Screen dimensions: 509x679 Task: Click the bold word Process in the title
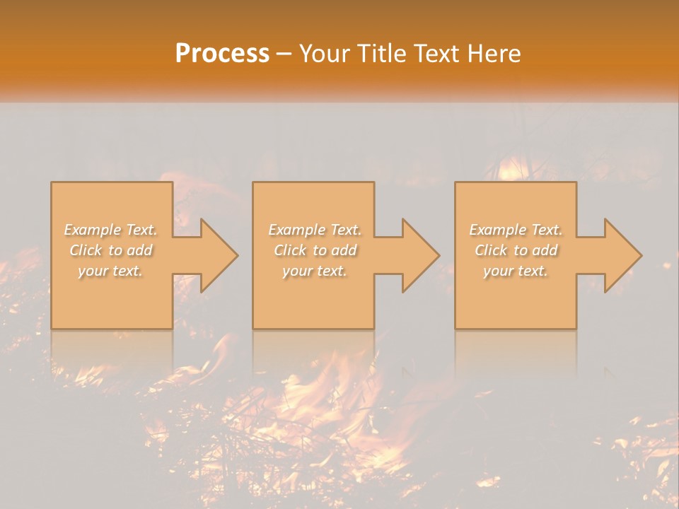tap(222, 54)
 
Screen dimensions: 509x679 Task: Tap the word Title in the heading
tap(382, 54)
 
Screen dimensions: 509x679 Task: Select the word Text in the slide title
tap(437, 54)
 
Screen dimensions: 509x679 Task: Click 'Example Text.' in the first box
tap(111, 230)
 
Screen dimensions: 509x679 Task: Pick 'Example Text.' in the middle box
tap(314, 230)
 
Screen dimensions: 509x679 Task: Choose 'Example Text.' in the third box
tap(516, 230)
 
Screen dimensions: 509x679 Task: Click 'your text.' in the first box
tap(111, 271)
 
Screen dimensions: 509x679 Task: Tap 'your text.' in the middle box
tap(314, 271)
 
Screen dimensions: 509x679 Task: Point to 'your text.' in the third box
tap(516, 271)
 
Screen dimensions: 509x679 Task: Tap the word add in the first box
tap(140, 250)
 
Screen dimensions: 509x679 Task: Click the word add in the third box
tap(545, 250)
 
